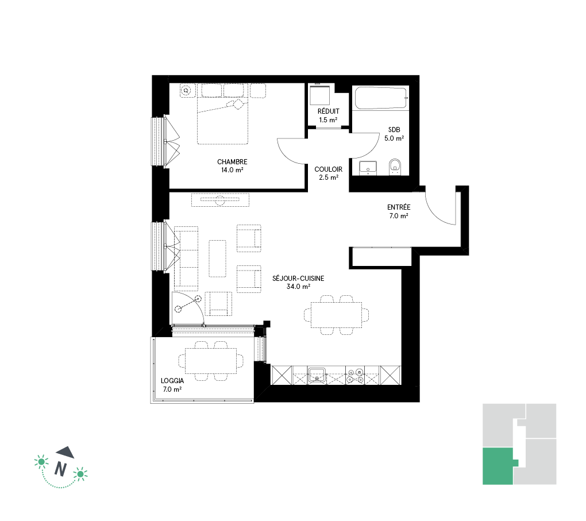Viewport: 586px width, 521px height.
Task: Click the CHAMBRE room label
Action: coord(232,162)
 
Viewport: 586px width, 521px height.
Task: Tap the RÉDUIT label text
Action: coord(329,111)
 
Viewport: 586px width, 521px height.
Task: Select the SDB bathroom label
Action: coord(394,130)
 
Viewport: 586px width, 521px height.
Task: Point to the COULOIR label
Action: coord(328,169)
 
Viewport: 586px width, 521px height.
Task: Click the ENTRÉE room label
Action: coord(398,207)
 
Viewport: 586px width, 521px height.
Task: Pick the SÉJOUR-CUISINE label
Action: coord(298,279)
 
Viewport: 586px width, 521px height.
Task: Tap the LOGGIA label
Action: coord(172,381)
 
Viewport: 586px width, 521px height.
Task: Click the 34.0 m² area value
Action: coord(298,287)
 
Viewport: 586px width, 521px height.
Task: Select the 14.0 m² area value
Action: coord(232,170)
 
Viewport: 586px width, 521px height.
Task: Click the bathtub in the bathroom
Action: coord(380,98)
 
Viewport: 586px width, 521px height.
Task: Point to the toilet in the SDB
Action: coord(395,167)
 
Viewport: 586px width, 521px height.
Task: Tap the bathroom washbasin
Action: coord(368,168)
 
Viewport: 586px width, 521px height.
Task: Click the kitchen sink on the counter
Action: coord(317,375)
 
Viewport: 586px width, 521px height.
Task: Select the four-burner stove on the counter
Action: coord(354,376)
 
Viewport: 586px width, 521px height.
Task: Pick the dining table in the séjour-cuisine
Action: coord(336,315)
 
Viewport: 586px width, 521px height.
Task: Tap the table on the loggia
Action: coord(211,361)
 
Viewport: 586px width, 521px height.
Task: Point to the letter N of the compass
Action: coord(60,469)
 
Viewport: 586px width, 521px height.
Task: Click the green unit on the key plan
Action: coord(498,466)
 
